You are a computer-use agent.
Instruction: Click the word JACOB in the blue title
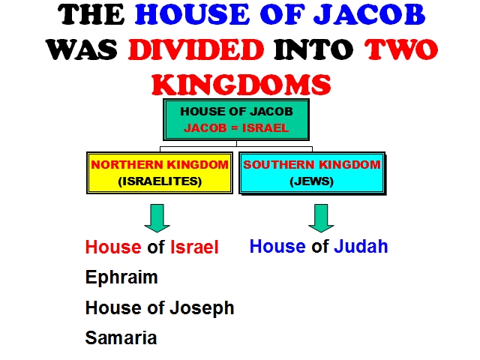tap(370, 15)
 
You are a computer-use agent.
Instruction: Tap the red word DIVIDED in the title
tap(196, 49)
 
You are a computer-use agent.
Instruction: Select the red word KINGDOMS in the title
tap(241, 85)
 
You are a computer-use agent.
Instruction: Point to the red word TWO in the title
tap(401, 49)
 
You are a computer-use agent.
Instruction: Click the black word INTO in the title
tap(313, 49)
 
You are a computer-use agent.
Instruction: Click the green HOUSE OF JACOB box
tap(236, 120)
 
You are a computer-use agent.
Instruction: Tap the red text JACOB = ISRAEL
tap(236, 127)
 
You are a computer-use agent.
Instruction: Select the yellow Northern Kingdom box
tap(160, 173)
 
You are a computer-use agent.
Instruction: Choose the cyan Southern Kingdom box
tap(312, 173)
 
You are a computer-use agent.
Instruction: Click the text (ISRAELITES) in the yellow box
tap(160, 181)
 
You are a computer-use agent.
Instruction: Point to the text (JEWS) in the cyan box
tap(312, 181)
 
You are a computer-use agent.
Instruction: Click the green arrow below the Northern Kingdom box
tap(157, 218)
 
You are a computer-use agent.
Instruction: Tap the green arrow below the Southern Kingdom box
tap(321, 218)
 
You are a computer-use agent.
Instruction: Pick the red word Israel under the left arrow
tap(194, 247)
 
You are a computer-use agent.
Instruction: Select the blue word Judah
tap(361, 247)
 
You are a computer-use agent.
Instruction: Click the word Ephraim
tap(121, 277)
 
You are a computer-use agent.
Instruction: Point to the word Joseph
tap(202, 308)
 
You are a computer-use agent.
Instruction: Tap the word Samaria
tap(121, 338)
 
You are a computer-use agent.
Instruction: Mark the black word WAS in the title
tap(82, 49)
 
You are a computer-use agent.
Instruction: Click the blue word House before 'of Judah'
tap(277, 247)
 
